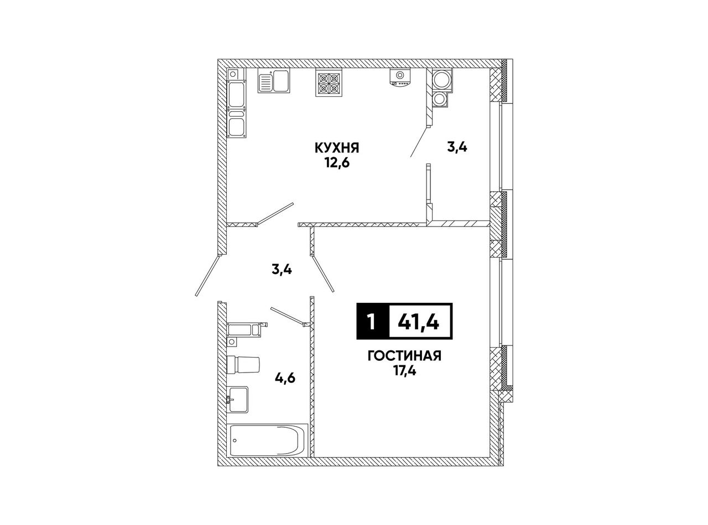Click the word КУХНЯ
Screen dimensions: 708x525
(337, 148)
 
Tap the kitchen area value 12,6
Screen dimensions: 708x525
(337, 163)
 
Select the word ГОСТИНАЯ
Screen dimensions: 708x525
(404, 356)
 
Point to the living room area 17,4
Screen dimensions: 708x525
(404, 371)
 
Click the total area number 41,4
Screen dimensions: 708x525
(419, 322)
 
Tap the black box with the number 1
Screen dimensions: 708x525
(372, 321)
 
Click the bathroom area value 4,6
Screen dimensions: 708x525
(285, 379)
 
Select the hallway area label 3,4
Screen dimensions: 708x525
(282, 270)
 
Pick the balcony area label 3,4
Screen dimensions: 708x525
(457, 148)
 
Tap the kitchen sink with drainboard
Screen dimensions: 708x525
(273, 81)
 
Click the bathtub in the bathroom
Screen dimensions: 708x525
(268, 442)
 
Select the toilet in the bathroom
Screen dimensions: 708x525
(243, 365)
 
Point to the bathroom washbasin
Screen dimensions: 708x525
(238, 400)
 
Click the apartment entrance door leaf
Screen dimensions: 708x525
(208, 275)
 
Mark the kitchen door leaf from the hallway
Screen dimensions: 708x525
(275, 214)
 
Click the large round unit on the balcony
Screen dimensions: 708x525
(441, 80)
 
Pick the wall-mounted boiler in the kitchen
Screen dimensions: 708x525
(400, 77)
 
